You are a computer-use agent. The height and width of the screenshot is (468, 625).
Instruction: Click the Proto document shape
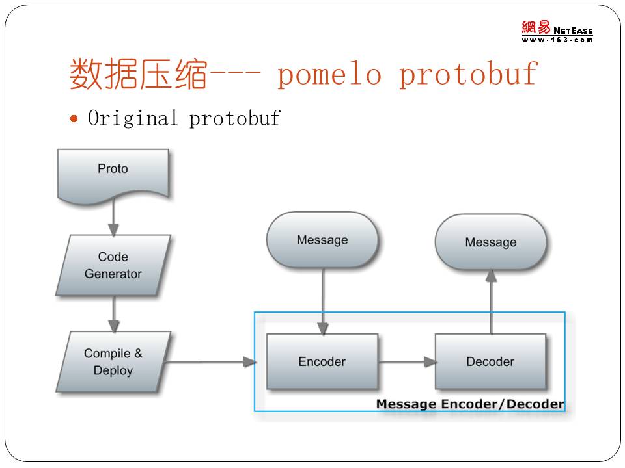point(113,170)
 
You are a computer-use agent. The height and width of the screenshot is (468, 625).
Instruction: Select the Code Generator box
point(113,265)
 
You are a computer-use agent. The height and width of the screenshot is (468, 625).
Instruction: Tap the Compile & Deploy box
point(113,361)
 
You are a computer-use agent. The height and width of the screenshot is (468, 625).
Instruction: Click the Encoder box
point(322,361)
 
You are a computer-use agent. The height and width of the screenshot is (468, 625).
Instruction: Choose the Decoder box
point(490,361)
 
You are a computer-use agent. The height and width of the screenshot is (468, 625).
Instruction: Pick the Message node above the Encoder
point(322,240)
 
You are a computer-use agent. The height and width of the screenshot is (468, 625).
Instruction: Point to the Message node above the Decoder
point(491,242)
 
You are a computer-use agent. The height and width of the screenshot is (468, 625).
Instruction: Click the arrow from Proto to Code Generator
point(113,217)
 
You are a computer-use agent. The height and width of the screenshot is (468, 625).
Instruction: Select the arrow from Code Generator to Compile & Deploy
point(114,313)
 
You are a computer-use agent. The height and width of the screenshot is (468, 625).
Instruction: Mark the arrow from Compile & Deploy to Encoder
point(208,362)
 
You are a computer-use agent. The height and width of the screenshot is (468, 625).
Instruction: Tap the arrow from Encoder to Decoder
point(407,362)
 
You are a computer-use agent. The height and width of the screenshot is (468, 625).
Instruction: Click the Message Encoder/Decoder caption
point(470,404)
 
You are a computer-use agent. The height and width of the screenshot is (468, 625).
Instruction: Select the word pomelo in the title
point(329,75)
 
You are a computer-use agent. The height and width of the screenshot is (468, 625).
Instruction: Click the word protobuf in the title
point(469,75)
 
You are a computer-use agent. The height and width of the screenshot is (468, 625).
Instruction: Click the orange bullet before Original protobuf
point(74,118)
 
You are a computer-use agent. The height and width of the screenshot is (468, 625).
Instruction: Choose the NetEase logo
point(557,28)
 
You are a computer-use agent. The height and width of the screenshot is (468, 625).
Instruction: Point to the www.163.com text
point(557,40)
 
